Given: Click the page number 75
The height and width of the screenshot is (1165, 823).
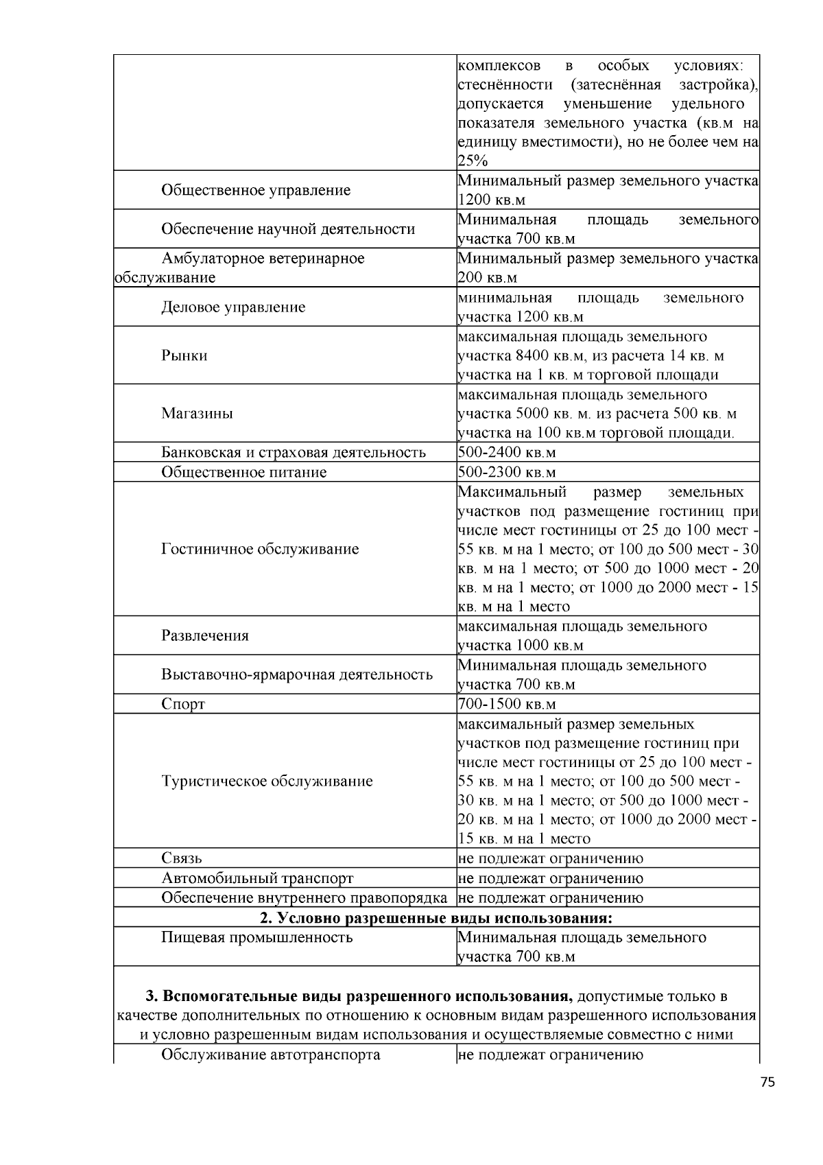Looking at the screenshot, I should pyautogui.click(x=767, y=1082).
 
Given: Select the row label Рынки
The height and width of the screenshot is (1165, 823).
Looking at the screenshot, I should pyautogui.click(x=184, y=355).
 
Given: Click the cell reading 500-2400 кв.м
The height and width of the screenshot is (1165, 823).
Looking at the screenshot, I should pyautogui.click(x=506, y=453).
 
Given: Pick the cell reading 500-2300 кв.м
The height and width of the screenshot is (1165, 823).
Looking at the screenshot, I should pyautogui.click(x=506, y=473).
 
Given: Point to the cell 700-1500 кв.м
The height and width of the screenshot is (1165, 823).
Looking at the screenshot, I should pyautogui.click(x=506, y=705).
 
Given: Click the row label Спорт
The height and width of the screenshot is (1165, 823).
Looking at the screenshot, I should pyautogui.click(x=183, y=705).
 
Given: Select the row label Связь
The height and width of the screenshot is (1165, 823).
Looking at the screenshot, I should pyautogui.click(x=182, y=858).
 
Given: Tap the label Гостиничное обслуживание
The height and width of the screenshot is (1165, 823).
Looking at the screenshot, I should pyautogui.click(x=260, y=549).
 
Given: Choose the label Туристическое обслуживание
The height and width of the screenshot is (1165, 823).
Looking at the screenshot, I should pyautogui.click(x=267, y=781).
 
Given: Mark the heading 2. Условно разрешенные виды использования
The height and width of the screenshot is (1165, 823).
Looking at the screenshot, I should pyautogui.click(x=436, y=918).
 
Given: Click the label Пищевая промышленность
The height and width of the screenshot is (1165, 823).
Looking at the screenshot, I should pyautogui.click(x=257, y=938).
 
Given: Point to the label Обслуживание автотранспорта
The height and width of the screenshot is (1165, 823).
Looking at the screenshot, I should pyautogui.click(x=270, y=1055).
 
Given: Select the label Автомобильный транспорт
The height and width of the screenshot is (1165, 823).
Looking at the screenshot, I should pyautogui.click(x=257, y=878).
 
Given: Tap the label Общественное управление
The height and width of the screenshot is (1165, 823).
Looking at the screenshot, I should pyautogui.click(x=255, y=190).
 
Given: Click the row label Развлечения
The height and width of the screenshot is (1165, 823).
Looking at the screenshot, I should pyautogui.click(x=205, y=635).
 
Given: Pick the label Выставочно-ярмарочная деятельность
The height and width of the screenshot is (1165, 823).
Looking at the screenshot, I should pyautogui.click(x=297, y=674).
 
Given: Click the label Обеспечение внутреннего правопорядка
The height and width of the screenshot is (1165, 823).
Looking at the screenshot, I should pyautogui.click(x=304, y=898).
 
